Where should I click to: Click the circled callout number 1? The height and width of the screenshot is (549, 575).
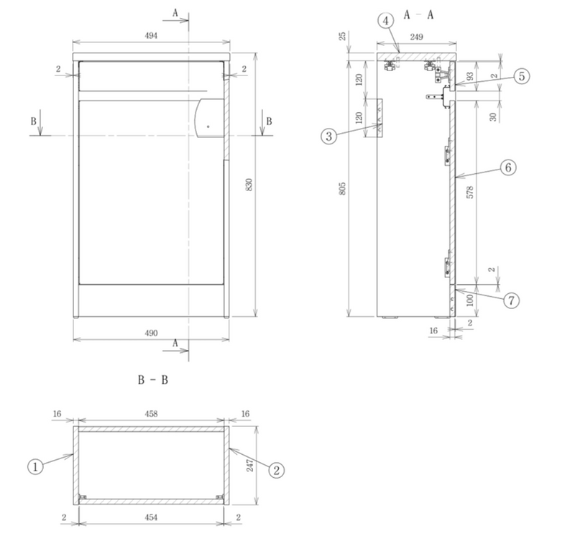pos(35,467)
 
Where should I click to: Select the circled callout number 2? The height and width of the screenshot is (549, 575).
pos(277,470)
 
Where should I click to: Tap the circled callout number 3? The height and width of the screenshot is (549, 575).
pos(328,137)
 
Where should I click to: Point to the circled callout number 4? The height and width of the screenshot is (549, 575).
pos(386,21)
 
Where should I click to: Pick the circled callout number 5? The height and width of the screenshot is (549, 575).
pos(522,76)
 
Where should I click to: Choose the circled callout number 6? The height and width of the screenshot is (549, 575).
pos(508,167)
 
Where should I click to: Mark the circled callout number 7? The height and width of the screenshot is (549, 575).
pos(511,300)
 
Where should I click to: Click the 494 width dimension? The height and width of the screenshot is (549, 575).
pos(151,36)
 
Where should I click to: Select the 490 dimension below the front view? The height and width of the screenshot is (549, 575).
pos(151,333)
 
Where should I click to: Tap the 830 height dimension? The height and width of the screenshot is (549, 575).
pos(249,185)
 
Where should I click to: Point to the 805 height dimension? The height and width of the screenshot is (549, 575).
pos(342,188)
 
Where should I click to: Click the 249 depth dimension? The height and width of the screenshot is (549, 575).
pos(417,37)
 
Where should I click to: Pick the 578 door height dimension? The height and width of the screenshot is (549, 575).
pos(470,193)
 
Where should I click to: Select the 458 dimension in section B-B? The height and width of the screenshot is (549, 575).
pos(151,414)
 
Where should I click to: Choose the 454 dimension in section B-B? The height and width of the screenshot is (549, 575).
pos(151,517)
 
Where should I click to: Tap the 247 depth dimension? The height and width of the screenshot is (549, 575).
pos(250,465)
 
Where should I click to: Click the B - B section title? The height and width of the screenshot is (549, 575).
pos(153,380)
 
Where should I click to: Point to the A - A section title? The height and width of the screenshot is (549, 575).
pos(418,15)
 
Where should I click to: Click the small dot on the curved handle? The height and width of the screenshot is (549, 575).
pos(208,126)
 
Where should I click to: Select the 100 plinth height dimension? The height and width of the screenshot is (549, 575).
pos(470,300)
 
